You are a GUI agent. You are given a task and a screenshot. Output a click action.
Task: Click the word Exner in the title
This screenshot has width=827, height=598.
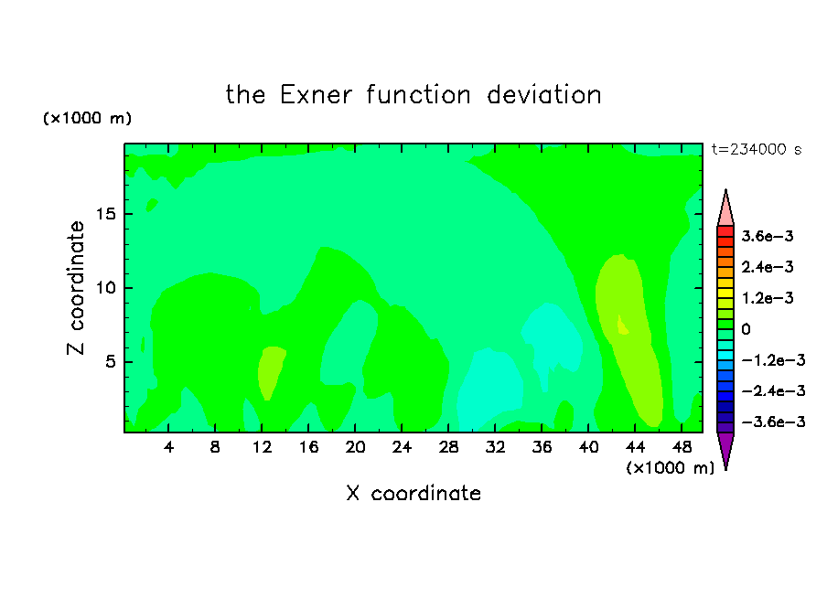(x=316, y=95)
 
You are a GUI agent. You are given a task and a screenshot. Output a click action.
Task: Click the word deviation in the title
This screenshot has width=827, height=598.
(x=543, y=95)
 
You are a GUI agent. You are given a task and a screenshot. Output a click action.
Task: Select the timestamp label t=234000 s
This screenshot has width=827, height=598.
(x=757, y=149)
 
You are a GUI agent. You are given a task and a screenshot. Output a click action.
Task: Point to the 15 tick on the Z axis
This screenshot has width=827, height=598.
(x=105, y=214)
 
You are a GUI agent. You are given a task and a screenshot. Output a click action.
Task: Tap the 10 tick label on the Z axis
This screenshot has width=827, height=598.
(x=105, y=288)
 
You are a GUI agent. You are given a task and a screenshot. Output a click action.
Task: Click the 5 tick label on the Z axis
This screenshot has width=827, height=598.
(x=110, y=362)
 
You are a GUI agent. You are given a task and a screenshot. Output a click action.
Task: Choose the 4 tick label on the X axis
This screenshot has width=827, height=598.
(x=168, y=447)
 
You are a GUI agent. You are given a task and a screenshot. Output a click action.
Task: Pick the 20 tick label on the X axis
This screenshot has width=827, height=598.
(x=355, y=447)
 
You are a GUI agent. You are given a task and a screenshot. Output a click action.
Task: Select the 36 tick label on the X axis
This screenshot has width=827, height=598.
(x=542, y=447)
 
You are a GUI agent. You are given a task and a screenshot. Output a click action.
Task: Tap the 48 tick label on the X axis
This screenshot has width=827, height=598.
(x=682, y=447)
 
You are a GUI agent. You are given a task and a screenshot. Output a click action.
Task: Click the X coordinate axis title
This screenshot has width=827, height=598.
(x=413, y=493)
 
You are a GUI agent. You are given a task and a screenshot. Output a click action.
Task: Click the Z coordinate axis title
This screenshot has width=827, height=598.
(x=75, y=288)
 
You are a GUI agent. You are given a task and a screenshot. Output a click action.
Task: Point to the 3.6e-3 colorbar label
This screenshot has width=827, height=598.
(x=767, y=236)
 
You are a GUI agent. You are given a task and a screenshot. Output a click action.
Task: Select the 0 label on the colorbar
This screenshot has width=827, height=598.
(x=746, y=329)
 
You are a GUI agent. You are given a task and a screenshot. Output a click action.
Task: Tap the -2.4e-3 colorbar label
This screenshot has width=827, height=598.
(x=773, y=390)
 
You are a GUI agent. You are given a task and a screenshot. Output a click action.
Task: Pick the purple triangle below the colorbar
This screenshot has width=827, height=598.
(x=725, y=449)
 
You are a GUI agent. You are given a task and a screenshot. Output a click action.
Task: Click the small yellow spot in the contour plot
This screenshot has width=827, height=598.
(x=622, y=326)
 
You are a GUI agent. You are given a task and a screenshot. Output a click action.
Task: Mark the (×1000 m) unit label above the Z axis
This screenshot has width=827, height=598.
(x=87, y=118)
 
